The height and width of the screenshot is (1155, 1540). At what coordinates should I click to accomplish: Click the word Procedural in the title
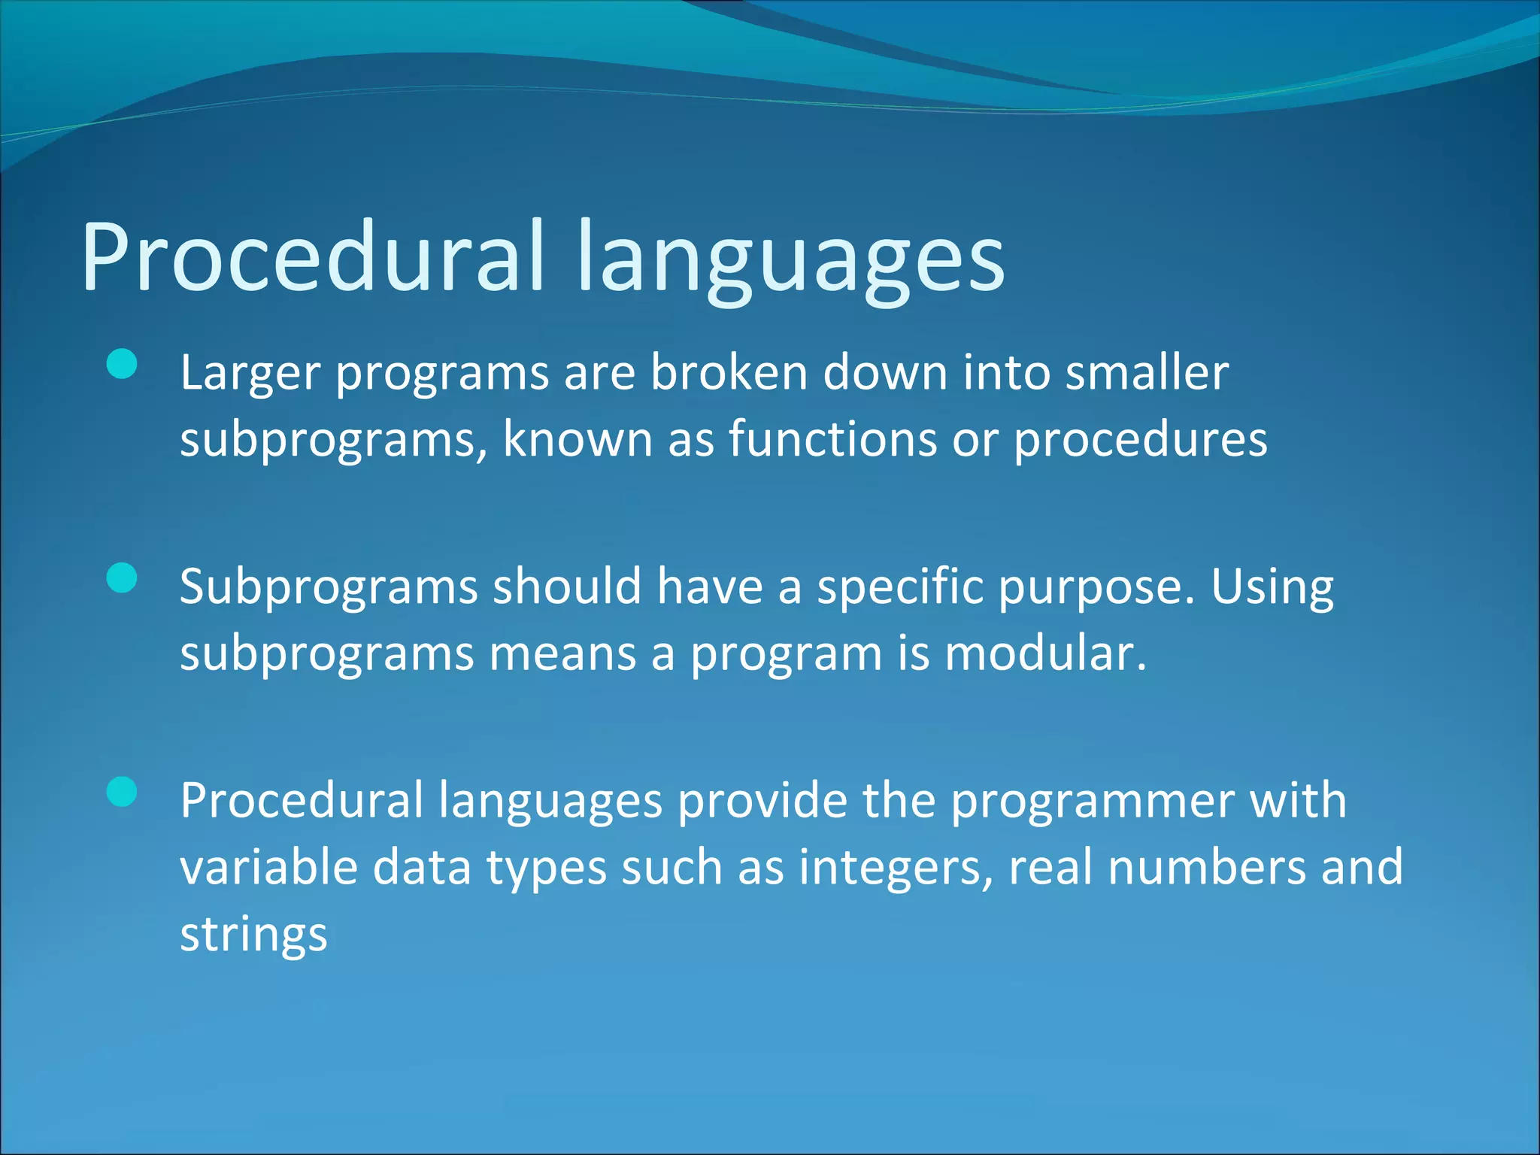(x=312, y=257)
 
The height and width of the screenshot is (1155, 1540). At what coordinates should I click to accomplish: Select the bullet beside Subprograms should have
(x=122, y=578)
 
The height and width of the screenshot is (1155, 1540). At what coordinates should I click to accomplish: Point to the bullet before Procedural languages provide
(x=122, y=792)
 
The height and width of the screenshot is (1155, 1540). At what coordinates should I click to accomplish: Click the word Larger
(x=250, y=374)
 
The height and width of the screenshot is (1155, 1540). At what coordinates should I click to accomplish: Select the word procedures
(x=1140, y=440)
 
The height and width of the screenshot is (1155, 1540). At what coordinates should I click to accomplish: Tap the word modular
(x=1044, y=653)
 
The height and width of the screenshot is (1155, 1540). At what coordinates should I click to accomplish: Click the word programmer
(x=1093, y=802)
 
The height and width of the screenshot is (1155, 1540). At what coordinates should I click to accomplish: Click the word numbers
(x=1207, y=866)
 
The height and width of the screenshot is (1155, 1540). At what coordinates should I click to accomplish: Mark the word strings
(x=253, y=935)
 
